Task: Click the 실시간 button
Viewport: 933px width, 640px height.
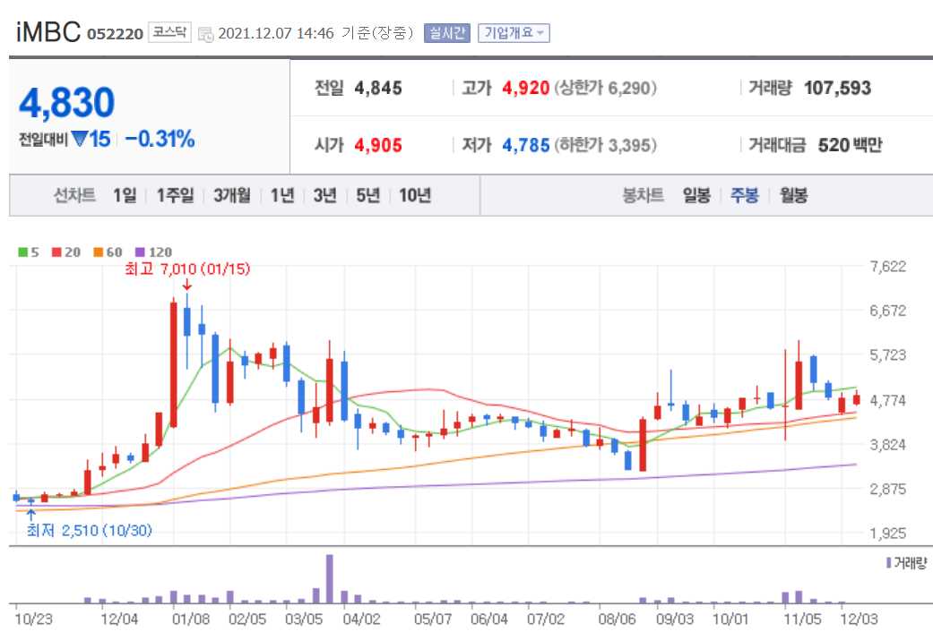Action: pyautogui.click(x=446, y=33)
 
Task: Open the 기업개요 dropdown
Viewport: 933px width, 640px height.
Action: pyautogui.click(x=514, y=33)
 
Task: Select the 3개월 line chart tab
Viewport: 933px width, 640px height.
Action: pyautogui.click(x=232, y=195)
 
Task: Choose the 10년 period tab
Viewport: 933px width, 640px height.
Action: pyautogui.click(x=415, y=195)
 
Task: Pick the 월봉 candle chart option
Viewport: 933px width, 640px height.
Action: pyautogui.click(x=793, y=195)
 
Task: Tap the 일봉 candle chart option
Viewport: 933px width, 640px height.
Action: pyautogui.click(x=696, y=195)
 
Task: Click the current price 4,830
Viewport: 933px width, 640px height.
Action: pyautogui.click(x=67, y=103)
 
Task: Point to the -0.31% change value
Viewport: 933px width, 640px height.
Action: pyautogui.click(x=160, y=139)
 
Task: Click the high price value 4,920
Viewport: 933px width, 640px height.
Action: pyautogui.click(x=525, y=88)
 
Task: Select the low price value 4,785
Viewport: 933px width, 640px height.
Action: pyautogui.click(x=525, y=145)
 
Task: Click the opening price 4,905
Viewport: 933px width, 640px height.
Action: pyautogui.click(x=378, y=145)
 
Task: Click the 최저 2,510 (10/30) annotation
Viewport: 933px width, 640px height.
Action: pyautogui.click(x=88, y=531)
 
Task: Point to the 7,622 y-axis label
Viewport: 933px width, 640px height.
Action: pyautogui.click(x=888, y=267)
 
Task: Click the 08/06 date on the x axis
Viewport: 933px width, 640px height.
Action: pyautogui.click(x=617, y=619)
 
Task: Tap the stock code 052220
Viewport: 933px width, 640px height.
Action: pyautogui.click(x=115, y=34)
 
